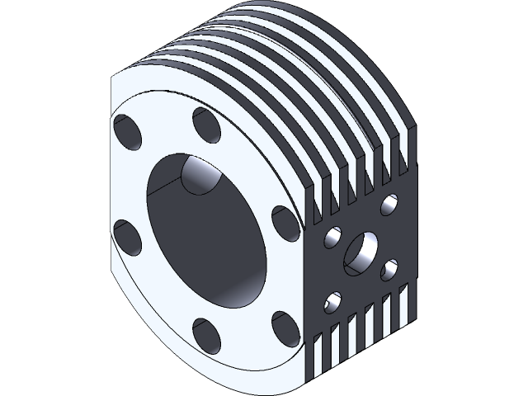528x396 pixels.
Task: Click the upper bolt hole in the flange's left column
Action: pyautogui.click(x=128, y=131)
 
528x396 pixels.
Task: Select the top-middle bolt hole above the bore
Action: pyautogui.click(x=205, y=125)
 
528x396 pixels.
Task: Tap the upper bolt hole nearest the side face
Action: pyautogui.click(x=284, y=222)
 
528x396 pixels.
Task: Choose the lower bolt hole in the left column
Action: pyautogui.click(x=128, y=236)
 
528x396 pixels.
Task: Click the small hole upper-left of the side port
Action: pyautogui.click(x=334, y=238)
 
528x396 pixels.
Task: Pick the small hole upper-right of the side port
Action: pyautogui.click(x=389, y=201)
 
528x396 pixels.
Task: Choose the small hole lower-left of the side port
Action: pyautogui.click(x=334, y=300)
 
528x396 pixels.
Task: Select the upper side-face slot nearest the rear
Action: pyautogui.click(x=402, y=162)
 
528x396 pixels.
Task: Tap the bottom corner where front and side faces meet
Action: pyautogui.click(x=304, y=381)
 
